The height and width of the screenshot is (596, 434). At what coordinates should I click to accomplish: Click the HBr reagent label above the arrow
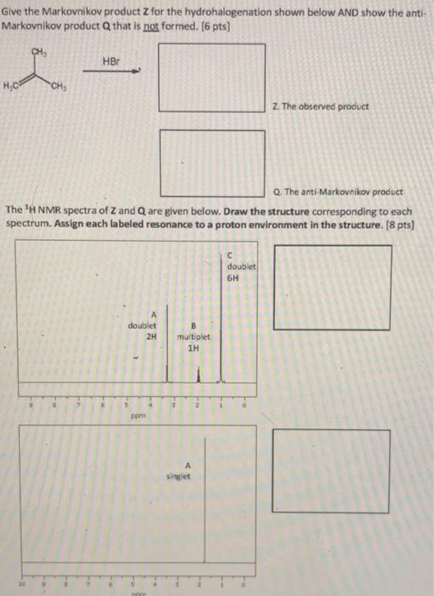click(x=111, y=61)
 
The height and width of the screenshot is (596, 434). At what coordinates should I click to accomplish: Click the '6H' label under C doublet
click(x=234, y=278)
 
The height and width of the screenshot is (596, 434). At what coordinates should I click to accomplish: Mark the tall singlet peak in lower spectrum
click(x=204, y=528)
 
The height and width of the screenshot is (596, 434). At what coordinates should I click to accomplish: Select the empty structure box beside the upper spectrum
click(x=332, y=288)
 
